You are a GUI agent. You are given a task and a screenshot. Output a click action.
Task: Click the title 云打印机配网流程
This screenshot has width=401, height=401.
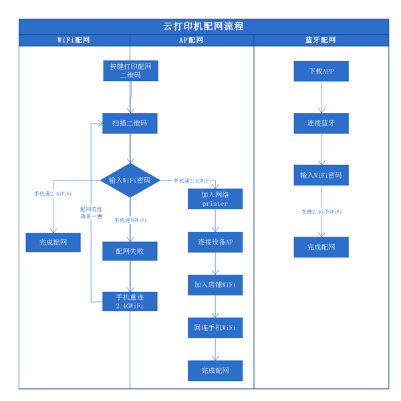[x=203, y=26]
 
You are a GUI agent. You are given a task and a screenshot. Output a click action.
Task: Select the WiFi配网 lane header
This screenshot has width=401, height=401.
[x=74, y=40]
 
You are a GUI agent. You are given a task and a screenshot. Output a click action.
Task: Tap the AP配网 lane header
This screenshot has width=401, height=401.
[x=191, y=40]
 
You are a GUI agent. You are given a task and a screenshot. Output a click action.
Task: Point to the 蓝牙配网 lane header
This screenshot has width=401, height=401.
[x=321, y=40]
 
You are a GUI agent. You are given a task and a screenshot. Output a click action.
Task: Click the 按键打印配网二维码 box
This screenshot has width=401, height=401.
[x=130, y=71]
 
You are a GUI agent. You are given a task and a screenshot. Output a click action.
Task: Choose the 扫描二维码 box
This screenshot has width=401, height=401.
[x=130, y=124]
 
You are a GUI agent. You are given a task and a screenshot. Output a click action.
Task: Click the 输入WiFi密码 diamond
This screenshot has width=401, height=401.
[x=130, y=180]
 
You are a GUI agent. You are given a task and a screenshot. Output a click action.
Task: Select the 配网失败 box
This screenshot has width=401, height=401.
[x=130, y=251]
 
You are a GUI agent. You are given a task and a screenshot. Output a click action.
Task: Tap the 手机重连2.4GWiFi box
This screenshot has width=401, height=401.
[x=130, y=301]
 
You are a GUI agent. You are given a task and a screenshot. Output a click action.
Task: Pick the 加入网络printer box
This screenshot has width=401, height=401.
[x=215, y=199]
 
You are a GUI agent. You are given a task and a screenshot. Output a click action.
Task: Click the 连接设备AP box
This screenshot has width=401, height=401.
[x=215, y=242]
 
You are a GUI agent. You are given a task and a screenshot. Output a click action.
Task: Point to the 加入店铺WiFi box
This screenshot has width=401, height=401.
[x=215, y=285]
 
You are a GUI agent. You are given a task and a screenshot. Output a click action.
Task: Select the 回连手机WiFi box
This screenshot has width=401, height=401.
[x=215, y=327]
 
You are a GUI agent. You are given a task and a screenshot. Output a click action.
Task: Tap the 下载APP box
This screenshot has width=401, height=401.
[x=321, y=72]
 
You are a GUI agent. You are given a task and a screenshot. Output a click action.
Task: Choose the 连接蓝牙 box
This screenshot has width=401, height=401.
[x=321, y=124]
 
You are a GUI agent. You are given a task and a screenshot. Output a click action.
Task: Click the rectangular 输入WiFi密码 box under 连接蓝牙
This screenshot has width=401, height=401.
[x=321, y=175]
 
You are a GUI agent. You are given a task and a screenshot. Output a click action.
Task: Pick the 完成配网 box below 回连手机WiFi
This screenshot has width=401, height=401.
[x=215, y=371]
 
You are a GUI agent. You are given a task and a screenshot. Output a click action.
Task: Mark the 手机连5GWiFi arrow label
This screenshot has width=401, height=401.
[x=130, y=220]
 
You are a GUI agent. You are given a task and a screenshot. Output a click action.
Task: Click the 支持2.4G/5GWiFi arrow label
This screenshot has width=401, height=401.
[x=321, y=211]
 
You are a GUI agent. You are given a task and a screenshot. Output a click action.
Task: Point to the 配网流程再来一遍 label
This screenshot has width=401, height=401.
[x=91, y=213]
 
